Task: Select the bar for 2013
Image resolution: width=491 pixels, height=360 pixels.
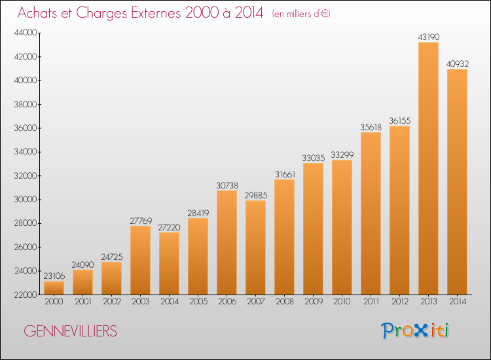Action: (428, 168)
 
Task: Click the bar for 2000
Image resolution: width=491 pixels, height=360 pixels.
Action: (54, 288)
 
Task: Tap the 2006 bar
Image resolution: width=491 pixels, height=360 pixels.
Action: (227, 243)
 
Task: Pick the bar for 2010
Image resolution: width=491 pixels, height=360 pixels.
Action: (342, 227)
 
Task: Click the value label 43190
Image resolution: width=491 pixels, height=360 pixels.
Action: (429, 37)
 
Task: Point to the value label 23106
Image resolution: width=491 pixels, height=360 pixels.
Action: (54, 276)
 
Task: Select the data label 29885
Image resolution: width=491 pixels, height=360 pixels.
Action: (256, 195)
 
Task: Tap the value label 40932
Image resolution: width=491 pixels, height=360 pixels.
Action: (458, 64)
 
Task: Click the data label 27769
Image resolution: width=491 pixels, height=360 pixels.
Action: (141, 221)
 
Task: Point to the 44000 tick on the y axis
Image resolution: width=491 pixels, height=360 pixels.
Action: (26, 33)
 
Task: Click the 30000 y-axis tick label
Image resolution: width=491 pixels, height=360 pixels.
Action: (26, 200)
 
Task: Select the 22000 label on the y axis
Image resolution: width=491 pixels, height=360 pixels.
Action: (26, 295)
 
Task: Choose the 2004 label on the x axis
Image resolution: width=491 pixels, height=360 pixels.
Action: (170, 302)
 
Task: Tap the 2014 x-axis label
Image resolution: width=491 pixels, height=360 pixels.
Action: (458, 302)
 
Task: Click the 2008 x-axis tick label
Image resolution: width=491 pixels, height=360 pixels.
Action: (285, 302)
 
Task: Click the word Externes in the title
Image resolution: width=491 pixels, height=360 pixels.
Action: (156, 13)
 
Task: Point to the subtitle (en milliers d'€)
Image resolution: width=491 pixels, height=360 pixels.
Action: (301, 14)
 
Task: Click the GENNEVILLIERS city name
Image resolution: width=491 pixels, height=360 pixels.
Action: (70, 331)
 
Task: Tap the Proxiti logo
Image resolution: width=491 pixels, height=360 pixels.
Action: (415, 331)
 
